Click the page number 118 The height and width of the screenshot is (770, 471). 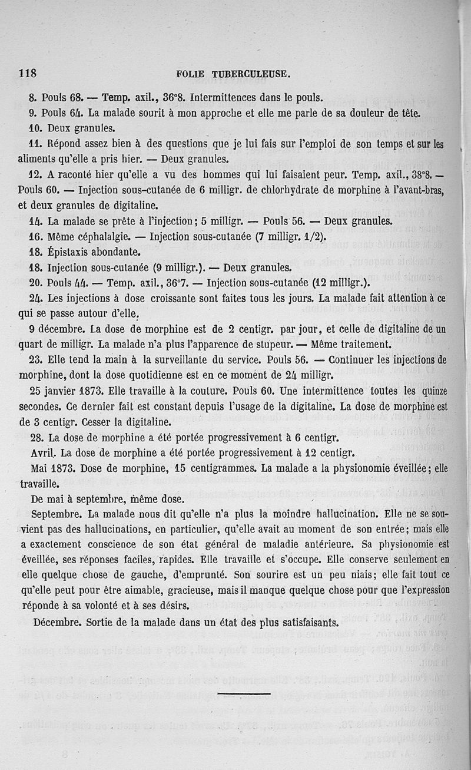pyautogui.click(x=28, y=74)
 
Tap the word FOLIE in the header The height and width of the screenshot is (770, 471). pyautogui.click(x=190, y=74)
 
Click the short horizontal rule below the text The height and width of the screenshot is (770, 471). pyautogui.click(x=243, y=693)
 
